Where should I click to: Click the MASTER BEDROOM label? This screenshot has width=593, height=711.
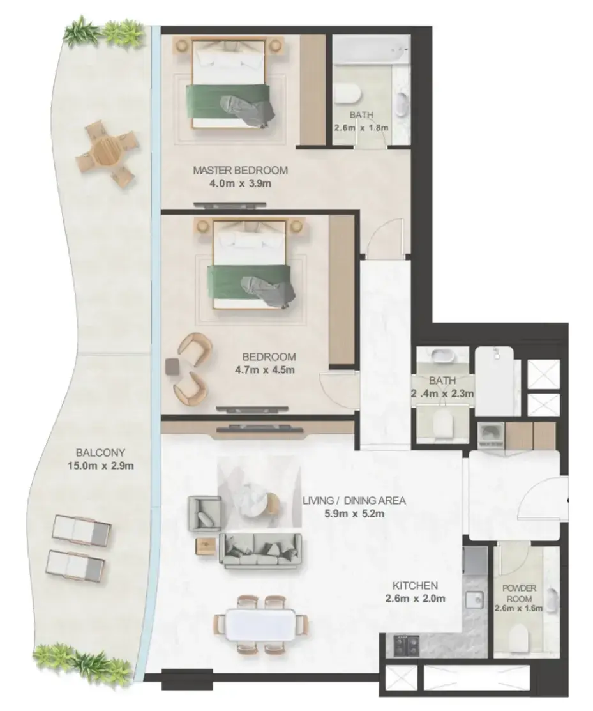(240, 171)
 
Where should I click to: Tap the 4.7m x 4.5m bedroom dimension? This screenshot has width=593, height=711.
(264, 370)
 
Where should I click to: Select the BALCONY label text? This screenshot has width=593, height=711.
(100, 452)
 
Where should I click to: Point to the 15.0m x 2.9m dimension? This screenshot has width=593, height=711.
(101, 465)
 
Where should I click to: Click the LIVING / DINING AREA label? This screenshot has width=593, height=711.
(354, 501)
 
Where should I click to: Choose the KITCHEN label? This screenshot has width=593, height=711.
(415, 585)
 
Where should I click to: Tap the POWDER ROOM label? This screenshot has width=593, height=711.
(519, 593)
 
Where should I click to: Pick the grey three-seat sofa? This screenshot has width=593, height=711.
(260, 549)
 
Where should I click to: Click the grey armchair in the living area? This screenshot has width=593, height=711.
(206, 514)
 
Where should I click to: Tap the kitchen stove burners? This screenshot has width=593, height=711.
(407, 645)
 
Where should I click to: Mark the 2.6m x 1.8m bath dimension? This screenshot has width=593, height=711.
(361, 128)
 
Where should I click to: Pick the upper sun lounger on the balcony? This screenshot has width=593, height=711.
(81, 530)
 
